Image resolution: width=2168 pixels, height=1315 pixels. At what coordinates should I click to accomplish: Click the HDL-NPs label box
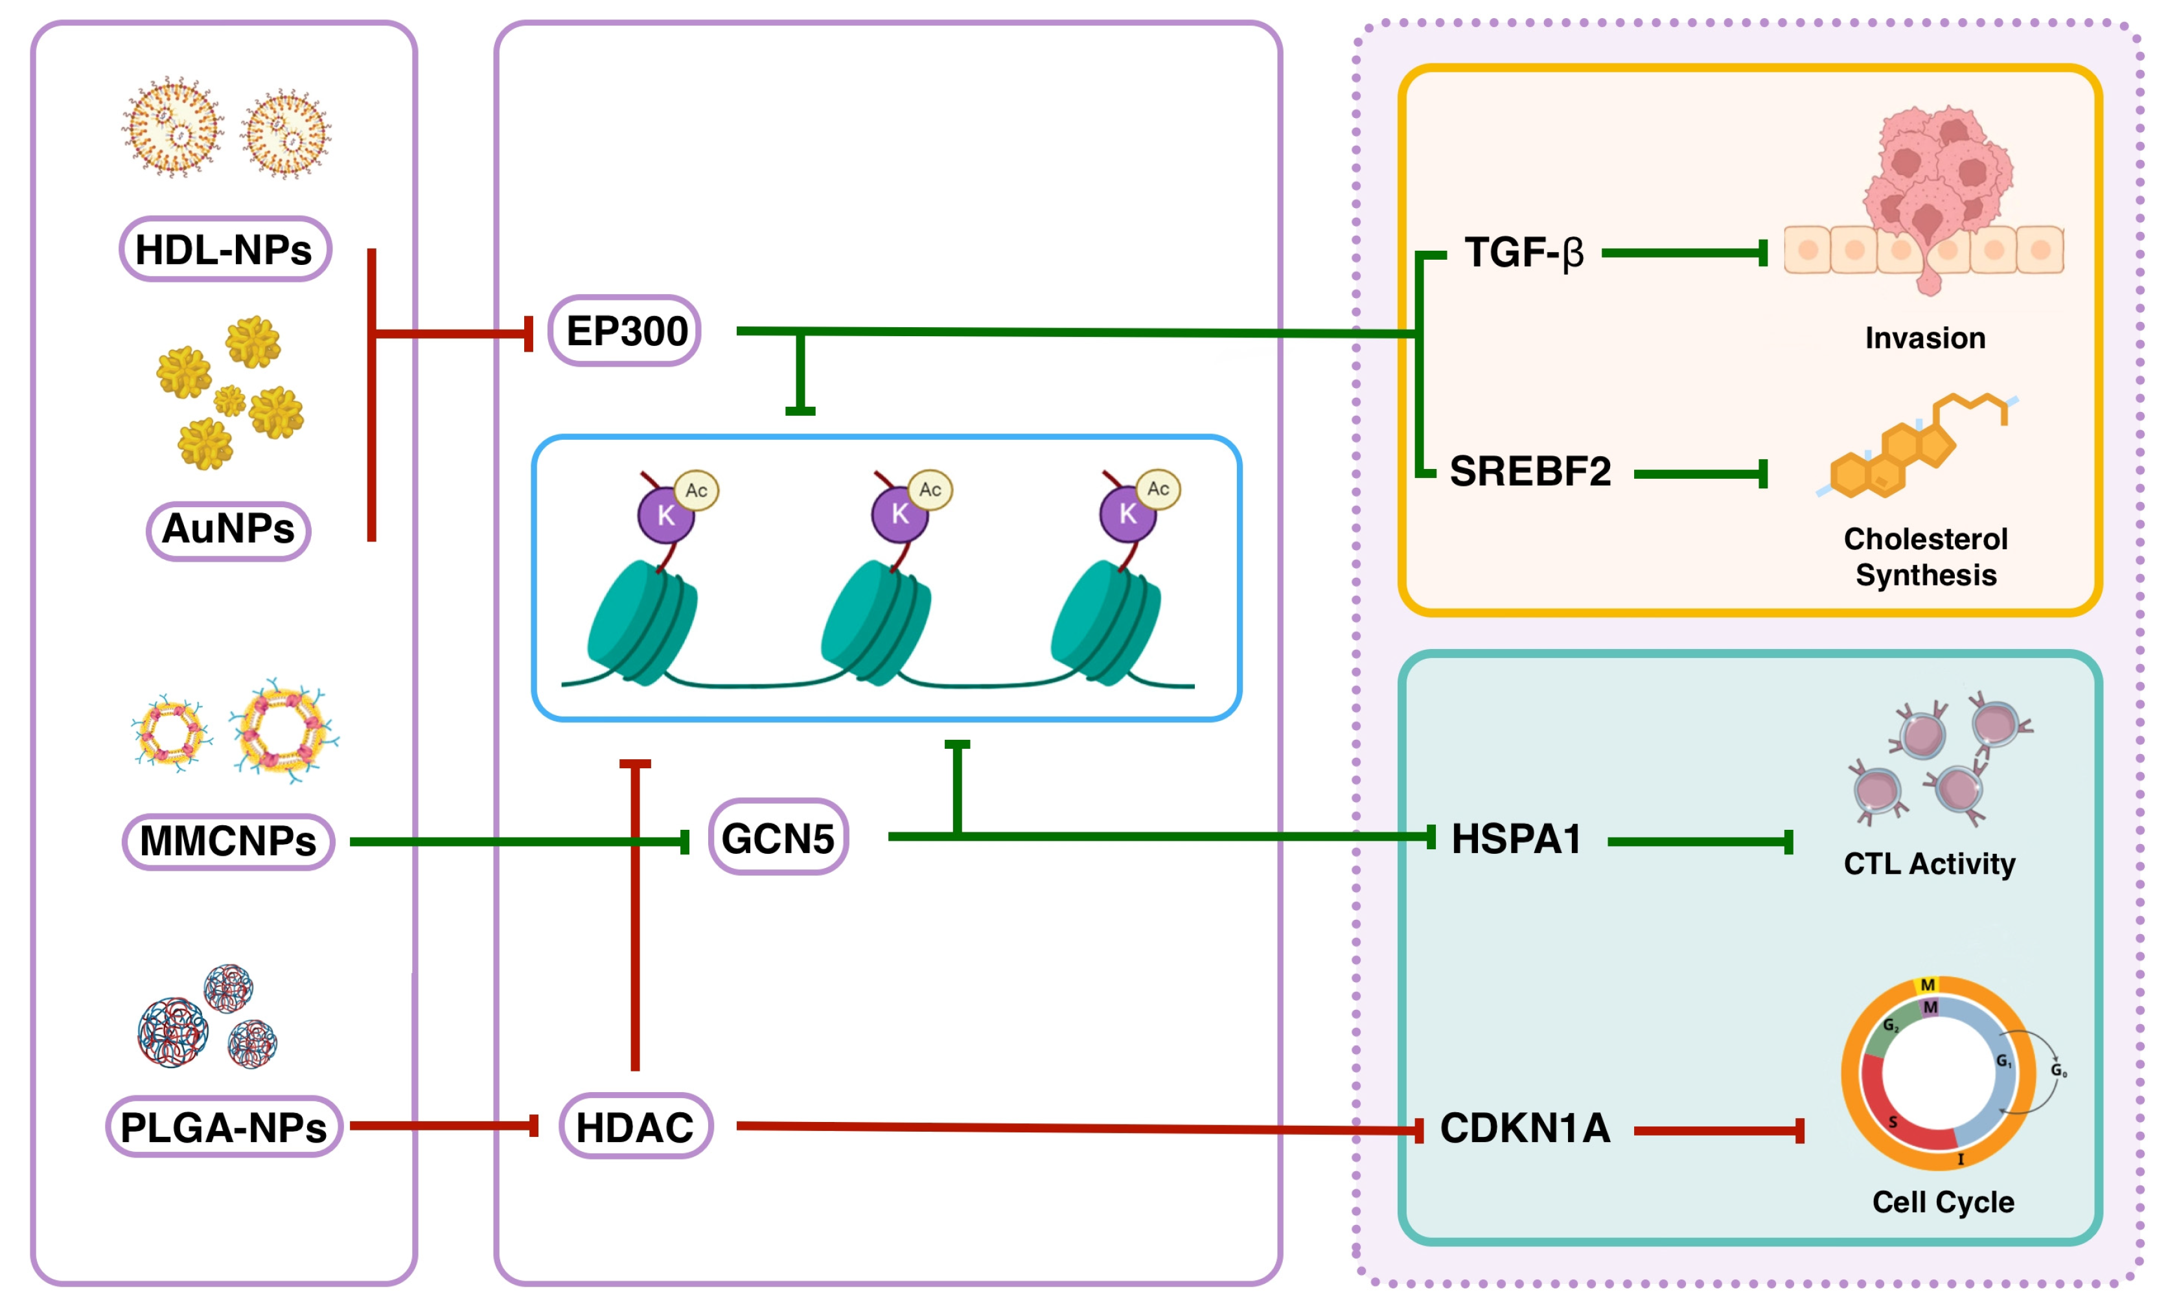(224, 250)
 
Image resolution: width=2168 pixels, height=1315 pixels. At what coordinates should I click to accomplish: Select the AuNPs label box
(228, 529)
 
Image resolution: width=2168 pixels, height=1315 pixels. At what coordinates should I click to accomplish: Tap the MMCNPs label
(228, 841)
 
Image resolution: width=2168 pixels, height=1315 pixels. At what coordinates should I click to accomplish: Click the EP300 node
(625, 331)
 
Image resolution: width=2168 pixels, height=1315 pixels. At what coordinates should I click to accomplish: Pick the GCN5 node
(778, 838)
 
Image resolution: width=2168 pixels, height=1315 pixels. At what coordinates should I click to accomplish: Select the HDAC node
(635, 1126)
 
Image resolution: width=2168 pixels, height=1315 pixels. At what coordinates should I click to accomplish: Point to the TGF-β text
(1524, 253)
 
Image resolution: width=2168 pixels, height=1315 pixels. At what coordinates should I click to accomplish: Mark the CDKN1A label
(1525, 1128)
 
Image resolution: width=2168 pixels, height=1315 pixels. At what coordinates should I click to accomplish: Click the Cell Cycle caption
(1943, 1202)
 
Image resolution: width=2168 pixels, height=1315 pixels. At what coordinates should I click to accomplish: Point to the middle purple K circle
(899, 514)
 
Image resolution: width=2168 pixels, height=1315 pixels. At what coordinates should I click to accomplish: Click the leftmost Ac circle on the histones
(696, 491)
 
